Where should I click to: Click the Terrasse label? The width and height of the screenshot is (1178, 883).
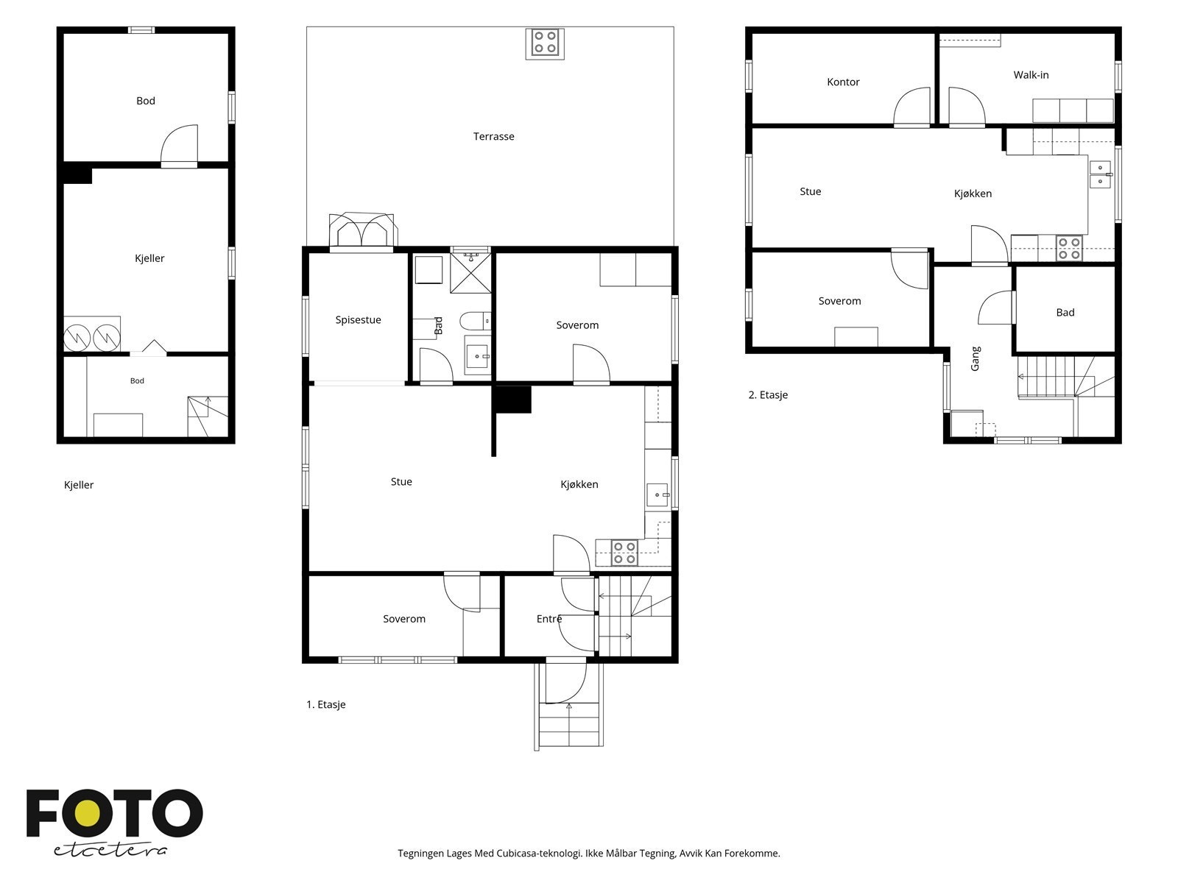pos(493,137)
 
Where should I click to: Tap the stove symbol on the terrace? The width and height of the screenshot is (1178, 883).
pos(545,43)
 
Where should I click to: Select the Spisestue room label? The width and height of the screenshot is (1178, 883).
pos(358,320)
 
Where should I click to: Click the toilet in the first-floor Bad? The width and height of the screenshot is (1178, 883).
pos(474,321)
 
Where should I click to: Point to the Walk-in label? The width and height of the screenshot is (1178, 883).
pos(1031,75)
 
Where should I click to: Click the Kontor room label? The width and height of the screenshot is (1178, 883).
pos(842,82)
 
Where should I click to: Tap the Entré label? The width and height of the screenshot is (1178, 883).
pos(549,619)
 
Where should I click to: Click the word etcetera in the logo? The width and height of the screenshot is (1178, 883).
pos(110,851)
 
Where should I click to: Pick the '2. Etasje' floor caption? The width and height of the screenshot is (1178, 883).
pos(768,395)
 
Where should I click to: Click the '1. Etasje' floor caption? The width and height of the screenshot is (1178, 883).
pos(325,704)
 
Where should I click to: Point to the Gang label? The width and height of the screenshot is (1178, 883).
pos(975,358)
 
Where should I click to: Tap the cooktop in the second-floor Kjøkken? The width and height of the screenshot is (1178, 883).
pos(1069,248)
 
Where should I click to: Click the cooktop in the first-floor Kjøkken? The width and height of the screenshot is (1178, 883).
pos(624,553)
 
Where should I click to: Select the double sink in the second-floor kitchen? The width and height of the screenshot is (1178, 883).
pos(1100,175)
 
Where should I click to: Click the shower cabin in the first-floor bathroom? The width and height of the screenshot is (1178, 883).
pos(470,273)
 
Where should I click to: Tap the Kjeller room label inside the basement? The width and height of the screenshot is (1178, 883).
pos(149,258)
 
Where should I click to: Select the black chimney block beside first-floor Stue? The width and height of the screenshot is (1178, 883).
pos(512,400)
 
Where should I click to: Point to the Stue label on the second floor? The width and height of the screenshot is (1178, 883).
pos(810,192)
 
